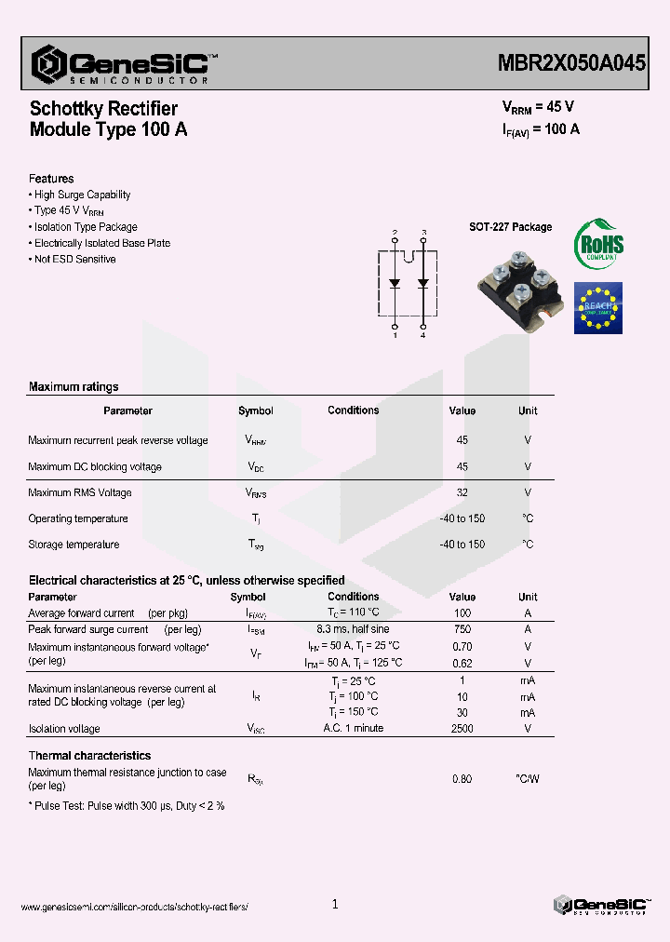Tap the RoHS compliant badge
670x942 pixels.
[x=598, y=245]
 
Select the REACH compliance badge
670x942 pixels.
[x=598, y=307]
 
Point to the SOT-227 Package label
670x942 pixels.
[x=510, y=227]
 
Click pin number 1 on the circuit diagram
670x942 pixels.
[x=395, y=335]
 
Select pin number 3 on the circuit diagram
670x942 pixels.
[x=424, y=232]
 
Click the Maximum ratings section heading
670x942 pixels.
[x=74, y=386]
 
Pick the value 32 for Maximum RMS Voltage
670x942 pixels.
[x=462, y=492]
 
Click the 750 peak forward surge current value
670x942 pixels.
[x=462, y=629]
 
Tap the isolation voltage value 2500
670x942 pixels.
[x=462, y=728]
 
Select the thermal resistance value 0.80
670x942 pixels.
[x=462, y=778]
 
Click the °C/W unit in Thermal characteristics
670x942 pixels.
[x=528, y=778]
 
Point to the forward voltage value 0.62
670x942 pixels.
[x=462, y=663]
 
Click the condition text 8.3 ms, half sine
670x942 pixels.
[x=354, y=629]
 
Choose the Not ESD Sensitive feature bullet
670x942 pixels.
[x=74, y=259]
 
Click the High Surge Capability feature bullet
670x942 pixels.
[x=81, y=195]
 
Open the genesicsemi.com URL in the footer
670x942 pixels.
[x=134, y=907]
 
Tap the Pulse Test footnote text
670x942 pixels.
[x=127, y=805]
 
